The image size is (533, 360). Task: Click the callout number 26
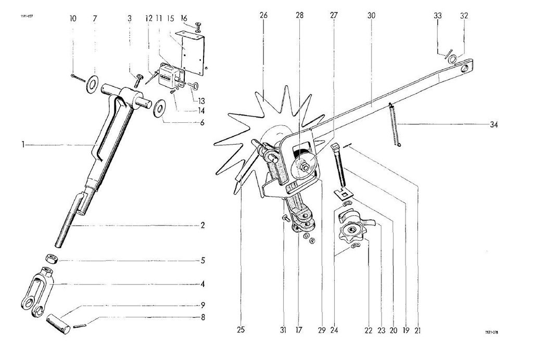pos(263,16)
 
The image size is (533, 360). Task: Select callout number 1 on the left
pos(23,145)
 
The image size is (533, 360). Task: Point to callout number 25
pos(240,329)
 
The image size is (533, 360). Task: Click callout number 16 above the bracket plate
pos(184,18)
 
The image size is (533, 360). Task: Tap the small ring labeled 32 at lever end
pos(453,58)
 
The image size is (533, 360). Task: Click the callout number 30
pos(371,16)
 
